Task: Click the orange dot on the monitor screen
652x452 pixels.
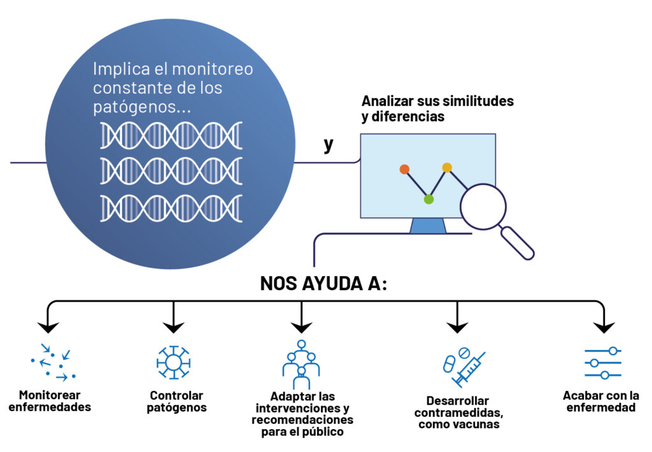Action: tap(404, 170)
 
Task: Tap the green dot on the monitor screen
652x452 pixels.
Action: tap(429, 200)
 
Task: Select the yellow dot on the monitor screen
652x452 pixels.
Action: tap(447, 168)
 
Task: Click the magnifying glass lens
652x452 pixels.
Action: tap(483, 207)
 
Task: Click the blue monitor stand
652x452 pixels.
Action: tap(428, 226)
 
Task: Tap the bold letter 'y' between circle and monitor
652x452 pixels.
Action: tap(328, 145)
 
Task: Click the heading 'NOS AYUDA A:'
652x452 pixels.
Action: tap(323, 284)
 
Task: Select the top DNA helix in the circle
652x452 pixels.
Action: tap(171, 135)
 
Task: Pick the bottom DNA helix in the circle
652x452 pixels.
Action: tap(171, 208)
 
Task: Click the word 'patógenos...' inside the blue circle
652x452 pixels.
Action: tap(142, 107)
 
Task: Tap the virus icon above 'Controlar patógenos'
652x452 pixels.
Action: tap(173, 362)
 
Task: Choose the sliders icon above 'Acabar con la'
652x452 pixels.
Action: tap(602, 363)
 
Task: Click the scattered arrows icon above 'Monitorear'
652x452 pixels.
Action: tap(53, 362)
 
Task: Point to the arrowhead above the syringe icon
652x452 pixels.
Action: tap(457, 327)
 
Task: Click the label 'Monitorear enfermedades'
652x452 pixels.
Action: tap(50, 400)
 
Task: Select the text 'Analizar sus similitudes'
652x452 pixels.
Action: tap(437, 101)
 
